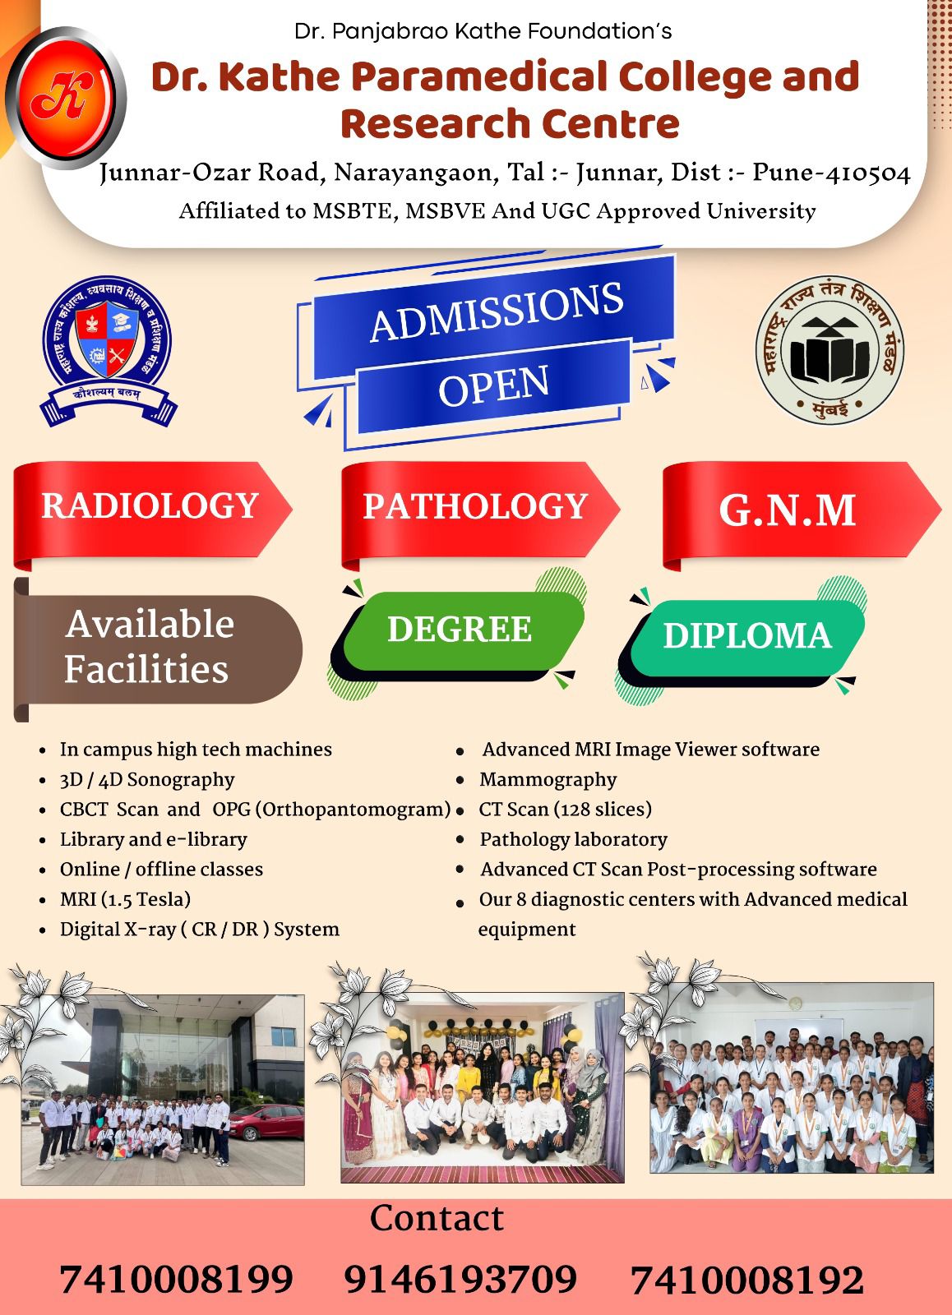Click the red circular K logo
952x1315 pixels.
(x=66, y=98)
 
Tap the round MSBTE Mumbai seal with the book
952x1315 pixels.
(x=830, y=350)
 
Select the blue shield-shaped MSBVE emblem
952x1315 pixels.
(x=108, y=351)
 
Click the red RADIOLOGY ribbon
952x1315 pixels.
(x=152, y=514)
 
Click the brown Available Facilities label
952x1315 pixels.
(x=157, y=649)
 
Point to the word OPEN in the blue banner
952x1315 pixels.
(x=494, y=385)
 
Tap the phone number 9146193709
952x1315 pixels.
(x=460, y=1279)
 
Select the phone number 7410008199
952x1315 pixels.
(x=176, y=1279)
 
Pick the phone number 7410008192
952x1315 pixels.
(x=747, y=1280)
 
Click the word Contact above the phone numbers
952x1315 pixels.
(x=437, y=1217)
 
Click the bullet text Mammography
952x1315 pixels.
(x=548, y=780)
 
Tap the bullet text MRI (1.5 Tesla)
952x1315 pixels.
(x=125, y=899)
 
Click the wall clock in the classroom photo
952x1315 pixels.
(x=795, y=1003)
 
